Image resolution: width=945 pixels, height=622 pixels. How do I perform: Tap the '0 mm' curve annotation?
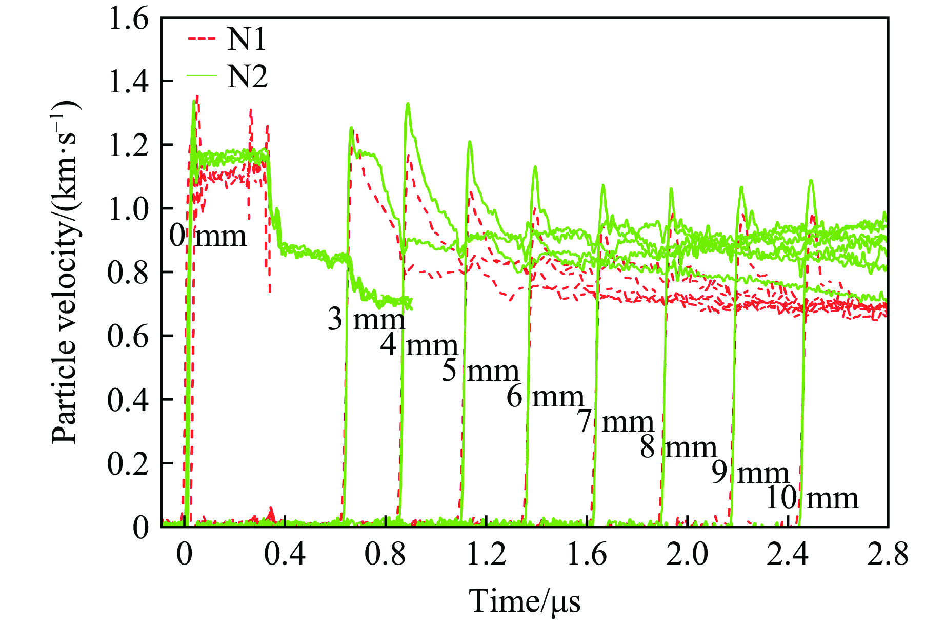point(208,236)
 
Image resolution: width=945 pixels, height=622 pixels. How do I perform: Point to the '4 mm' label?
point(419,345)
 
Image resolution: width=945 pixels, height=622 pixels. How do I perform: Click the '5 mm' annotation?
point(480,371)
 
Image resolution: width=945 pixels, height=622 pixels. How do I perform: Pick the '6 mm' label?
point(545,396)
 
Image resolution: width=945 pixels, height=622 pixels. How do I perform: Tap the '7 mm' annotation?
point(615,421)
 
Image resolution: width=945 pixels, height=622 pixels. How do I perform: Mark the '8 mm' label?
point(678,448)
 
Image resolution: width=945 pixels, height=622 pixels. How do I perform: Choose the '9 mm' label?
point(750,473)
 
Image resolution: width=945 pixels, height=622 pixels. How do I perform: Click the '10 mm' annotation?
point(812,498)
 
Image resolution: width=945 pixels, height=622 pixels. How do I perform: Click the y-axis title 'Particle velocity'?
point(66,272)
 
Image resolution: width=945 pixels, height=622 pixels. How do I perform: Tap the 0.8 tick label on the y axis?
point(128,273)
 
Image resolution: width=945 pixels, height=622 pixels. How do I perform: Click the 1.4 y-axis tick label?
point(128,82)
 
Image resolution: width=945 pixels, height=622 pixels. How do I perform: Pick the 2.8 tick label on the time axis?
point(888,555)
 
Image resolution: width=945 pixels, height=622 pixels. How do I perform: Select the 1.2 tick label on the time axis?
point(486,555)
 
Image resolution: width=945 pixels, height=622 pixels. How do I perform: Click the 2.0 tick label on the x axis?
point(687,555)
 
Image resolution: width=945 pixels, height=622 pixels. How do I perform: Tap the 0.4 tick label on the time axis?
point(285,555)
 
